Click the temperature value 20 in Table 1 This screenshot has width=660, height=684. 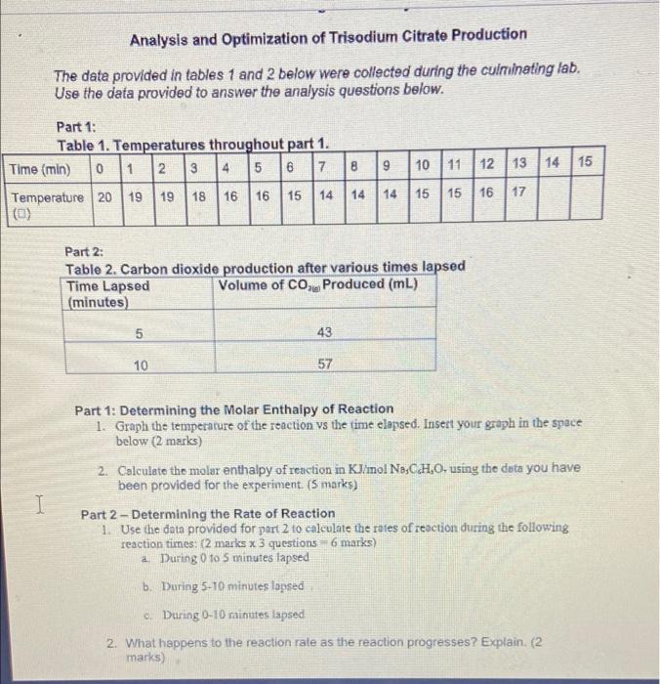103,195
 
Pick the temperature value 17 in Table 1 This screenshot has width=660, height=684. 518,192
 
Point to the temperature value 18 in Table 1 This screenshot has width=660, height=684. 199,195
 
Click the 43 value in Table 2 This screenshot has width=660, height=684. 325,332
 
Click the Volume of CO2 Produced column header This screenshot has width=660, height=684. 318,285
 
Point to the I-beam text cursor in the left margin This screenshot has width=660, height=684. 39,504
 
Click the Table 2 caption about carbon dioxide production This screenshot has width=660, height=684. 266,267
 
